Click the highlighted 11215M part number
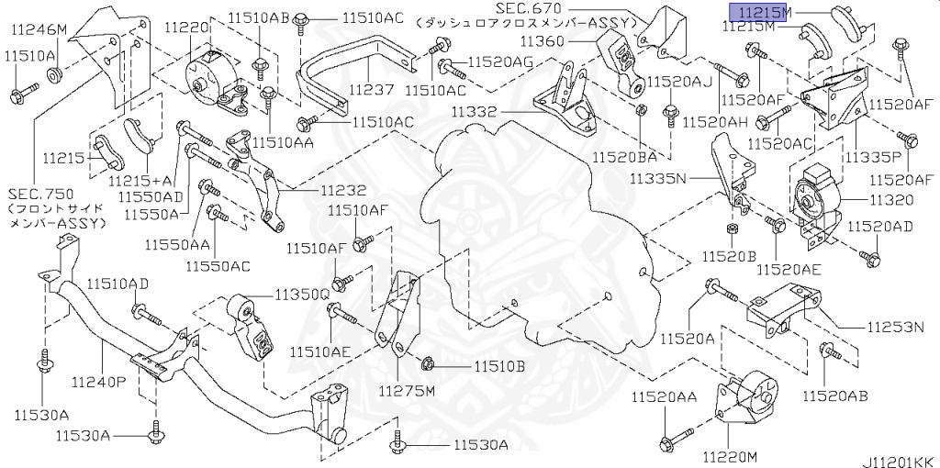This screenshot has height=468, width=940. tap(760, 11)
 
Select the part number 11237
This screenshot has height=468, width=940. tap(371, 91)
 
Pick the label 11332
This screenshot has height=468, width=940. tap(474, 112)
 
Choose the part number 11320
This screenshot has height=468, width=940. tap(889, 198)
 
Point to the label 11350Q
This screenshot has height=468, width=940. tap(299, 295)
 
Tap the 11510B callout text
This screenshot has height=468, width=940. tap(499, 366)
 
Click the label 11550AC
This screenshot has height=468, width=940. tap(218, 266)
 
